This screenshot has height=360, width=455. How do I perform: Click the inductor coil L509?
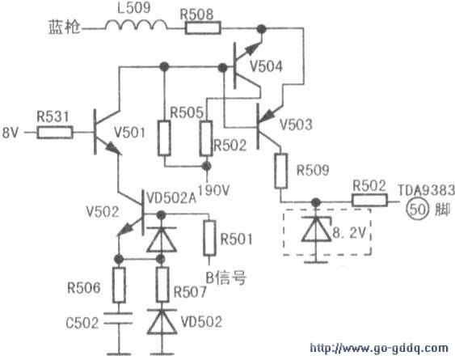pyautogui.click(x=136, y=25)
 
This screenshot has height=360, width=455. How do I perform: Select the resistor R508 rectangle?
pyautogui.click(x=203, y=28)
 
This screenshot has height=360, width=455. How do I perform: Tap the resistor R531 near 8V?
pyautogui.click(x=55, y=133)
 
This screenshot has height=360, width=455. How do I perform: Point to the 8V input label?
pyautogui.click(x=11, y=133)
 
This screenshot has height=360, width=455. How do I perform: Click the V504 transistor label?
pyautogui.click(x=266, y=66)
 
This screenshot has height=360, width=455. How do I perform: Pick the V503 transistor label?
pyautogui.click(x=296, y=125)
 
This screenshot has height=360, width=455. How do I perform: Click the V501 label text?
pyautogui.click(x=129, y=133)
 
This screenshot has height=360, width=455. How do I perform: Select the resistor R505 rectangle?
pyautogui.click(x=164, y=138)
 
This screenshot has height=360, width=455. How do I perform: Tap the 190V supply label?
pyautogui.click(x=214, y=190)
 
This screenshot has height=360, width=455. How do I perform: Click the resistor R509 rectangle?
pyautogui.click(x=281, y=172)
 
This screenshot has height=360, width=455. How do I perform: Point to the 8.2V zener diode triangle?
pyautogui.click(x=316, y=229)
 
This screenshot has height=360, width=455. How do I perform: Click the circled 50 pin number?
pyautogui.click(x=417, y=210)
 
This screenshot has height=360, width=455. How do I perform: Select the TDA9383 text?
pyautogui.click(x=426, y=191)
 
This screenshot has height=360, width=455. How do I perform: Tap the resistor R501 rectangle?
pyautogui.click(x=209, y=239)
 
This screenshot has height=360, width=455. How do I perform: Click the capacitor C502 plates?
pyautogui.click(x=119, y=318)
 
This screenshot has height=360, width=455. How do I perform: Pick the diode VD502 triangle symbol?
pyautogui.click(x=162, y=322)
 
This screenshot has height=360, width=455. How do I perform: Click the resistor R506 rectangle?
pyautogui.click(x=119, y=285)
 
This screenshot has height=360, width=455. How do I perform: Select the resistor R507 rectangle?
pyautogui.click(x=162, y=285)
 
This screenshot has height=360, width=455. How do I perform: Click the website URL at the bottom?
pyautogui.click(x=379, y=348)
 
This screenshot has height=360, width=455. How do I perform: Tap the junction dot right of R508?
pyautogui.click(x=262, y=28)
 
